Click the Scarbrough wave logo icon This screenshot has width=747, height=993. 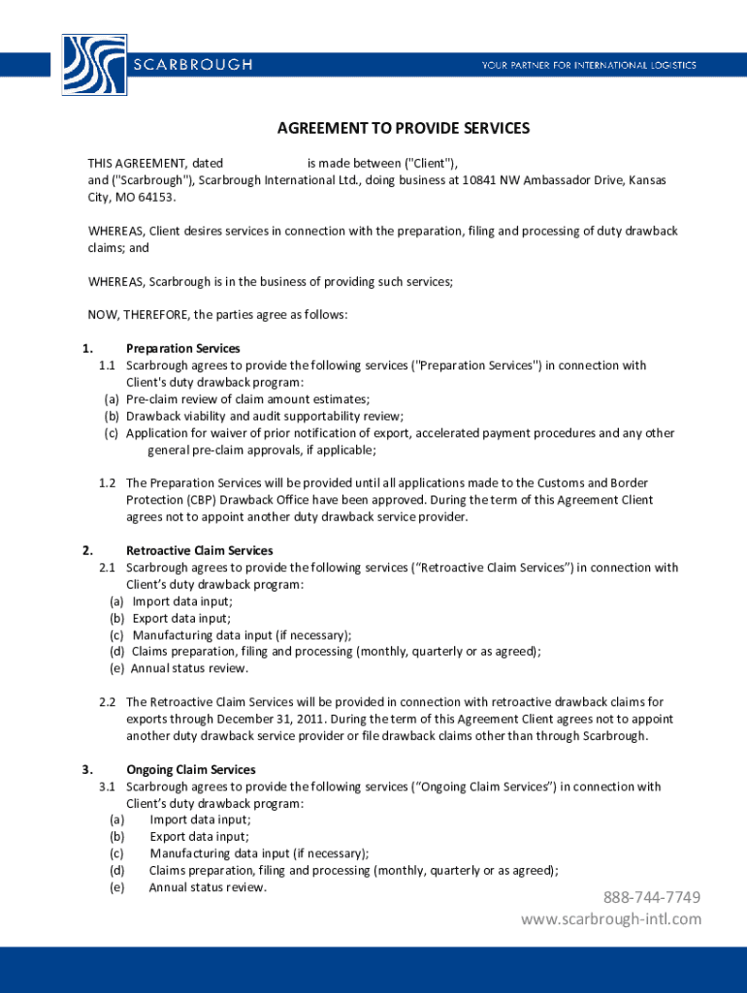[x=93, y=64]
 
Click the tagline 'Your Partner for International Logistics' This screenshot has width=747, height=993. [x=589, y=65]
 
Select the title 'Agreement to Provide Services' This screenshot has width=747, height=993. [x=404, y=128]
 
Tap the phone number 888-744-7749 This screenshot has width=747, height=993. [x=652, y=897]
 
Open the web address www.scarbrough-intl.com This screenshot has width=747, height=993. [x=610, y=918]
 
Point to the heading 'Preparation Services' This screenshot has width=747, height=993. [x=183, y=348]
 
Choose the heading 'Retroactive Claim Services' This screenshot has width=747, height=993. [x=200, y=550]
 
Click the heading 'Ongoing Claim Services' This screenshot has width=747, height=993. [x=190, y=770]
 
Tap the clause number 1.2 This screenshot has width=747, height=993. [x=107, y=483]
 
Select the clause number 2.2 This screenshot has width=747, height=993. [x=107, y=702]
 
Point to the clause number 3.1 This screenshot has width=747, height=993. [x=107, y=786]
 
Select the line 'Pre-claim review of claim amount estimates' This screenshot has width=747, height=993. [x=247, y=399]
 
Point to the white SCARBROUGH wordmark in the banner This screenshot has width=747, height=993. [x=192, y=65]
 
